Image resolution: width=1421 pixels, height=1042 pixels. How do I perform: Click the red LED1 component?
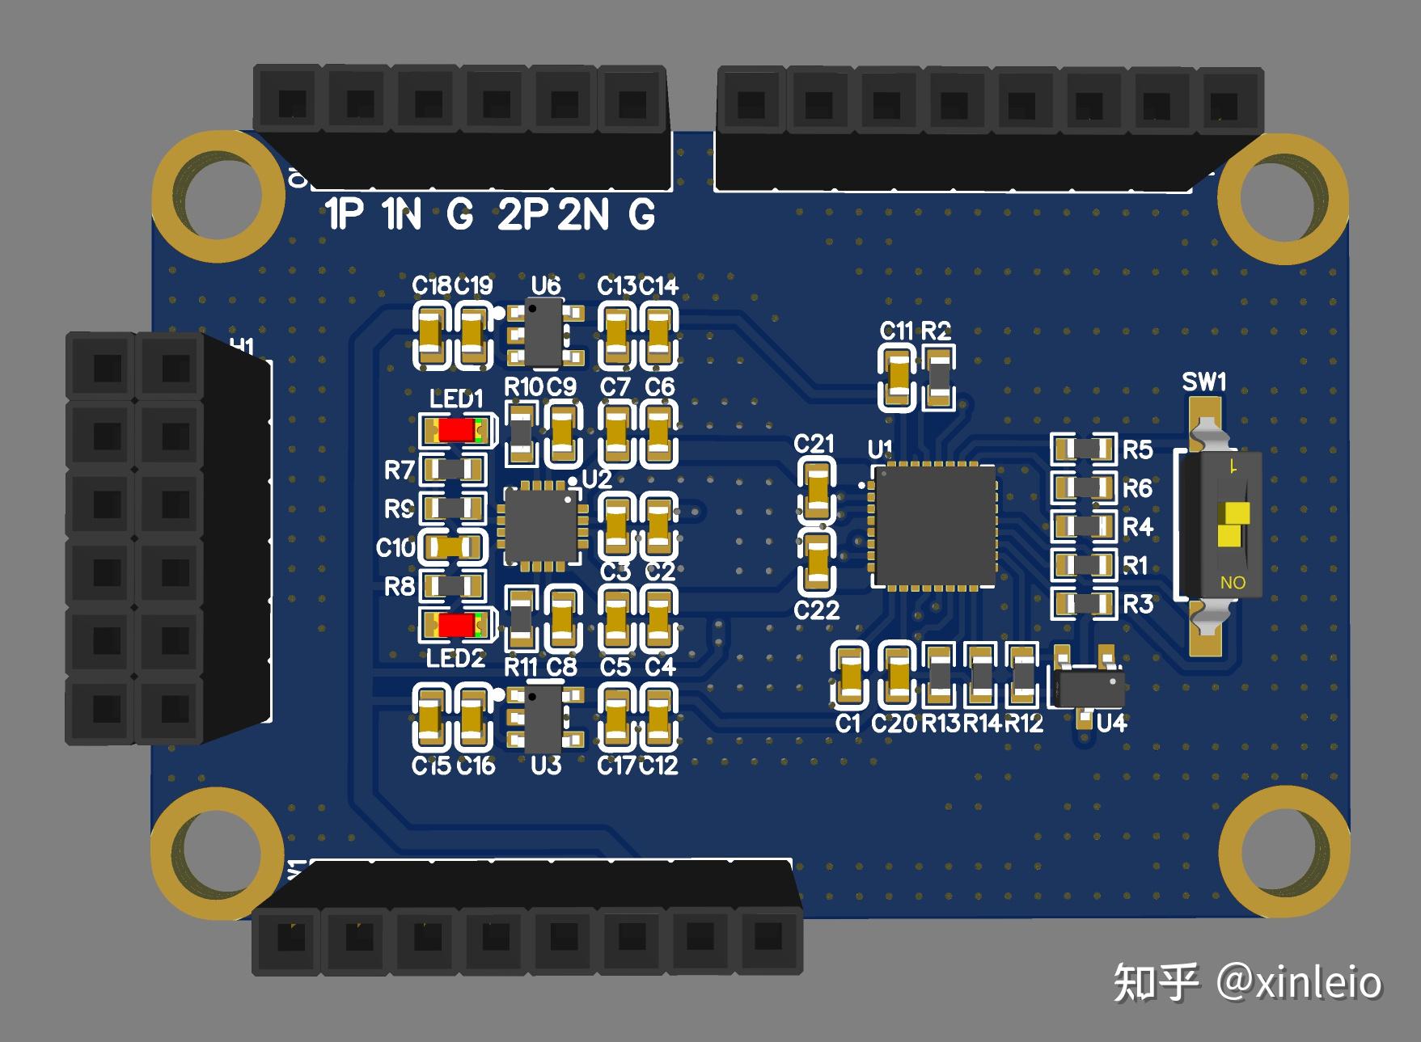pos(457,429)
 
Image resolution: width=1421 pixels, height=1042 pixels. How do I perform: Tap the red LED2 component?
pos(457,625)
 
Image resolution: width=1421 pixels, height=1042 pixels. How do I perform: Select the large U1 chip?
pos(934,526)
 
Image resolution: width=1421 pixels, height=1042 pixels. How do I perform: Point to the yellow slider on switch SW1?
pos(1232,524)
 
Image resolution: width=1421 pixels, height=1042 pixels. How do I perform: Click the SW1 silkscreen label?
pos(1203,382)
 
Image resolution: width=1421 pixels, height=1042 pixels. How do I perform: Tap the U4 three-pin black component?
pos(1087,688)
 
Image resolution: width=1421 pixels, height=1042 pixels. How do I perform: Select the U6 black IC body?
pos(544,332)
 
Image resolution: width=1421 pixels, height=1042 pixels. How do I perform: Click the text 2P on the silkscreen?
pos(522,215)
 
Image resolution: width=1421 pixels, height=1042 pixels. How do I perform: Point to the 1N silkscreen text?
pos(402,215)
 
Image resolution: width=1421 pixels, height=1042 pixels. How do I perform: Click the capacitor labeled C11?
pos(897,377)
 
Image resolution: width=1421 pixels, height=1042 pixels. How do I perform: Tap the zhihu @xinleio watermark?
pos(1246,981)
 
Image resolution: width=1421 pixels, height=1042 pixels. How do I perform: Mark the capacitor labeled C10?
pos(455,547)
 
